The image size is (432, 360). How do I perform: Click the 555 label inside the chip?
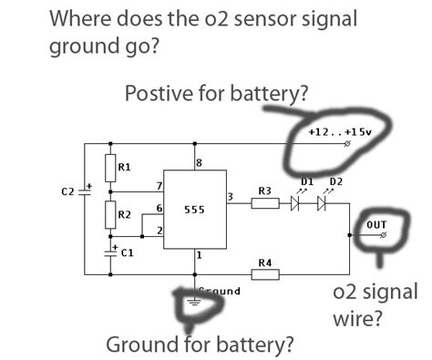[x=193, y=210]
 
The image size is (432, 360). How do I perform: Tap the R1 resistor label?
[x=125, y=168]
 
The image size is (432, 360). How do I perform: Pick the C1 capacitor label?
[x=127, y=254]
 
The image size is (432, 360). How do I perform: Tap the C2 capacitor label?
[x=67, y=191]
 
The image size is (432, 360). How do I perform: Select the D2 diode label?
[x=335, y=181]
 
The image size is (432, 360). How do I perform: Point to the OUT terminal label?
[x=376, y=223]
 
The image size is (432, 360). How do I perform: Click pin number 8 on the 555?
[x=200, y=162]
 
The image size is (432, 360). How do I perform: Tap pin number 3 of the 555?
[x=230, y=196]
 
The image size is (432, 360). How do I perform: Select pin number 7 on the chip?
[x=159, y=185]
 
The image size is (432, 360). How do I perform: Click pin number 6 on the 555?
[x=159, y=209]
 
